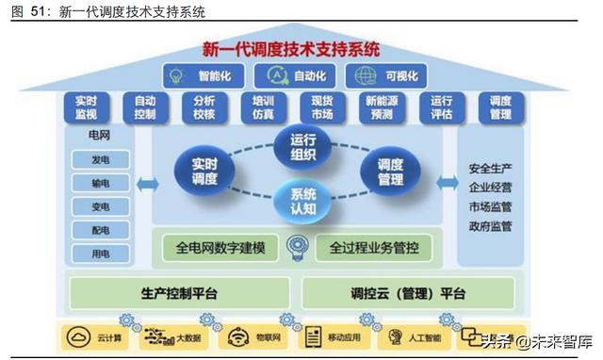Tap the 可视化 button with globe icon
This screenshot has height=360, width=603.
tap(385, 74)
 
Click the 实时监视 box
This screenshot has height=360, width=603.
tap(85, 107)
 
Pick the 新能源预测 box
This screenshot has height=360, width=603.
tap(382, 107)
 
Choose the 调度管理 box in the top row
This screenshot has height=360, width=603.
tap(500, 107)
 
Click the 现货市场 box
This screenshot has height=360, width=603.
tap(322, 107)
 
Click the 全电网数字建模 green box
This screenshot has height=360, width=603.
tap(220, 249)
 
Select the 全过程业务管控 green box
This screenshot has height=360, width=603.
tap(367, 249)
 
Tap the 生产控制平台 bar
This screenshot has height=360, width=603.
tap(179, 293)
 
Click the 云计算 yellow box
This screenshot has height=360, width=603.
tap(98, 336)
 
